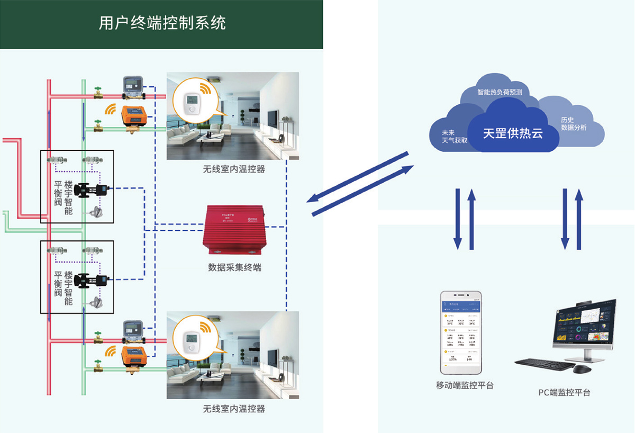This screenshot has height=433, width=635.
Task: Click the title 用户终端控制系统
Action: click(162, 23)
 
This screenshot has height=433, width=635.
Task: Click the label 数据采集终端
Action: click(234, 268)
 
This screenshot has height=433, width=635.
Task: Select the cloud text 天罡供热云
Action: click(513, 133)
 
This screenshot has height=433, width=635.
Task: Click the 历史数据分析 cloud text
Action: click(574, 124)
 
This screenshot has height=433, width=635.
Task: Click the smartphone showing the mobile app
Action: click(462, 332)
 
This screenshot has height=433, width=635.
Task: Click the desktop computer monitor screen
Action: click(584, 324)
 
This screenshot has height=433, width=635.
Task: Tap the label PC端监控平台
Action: click(564, 393)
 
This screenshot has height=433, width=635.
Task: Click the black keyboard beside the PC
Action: click(543, 364)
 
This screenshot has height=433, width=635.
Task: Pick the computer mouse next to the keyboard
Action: click(583, 368)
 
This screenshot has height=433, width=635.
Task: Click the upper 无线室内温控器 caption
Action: click(234, 170)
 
